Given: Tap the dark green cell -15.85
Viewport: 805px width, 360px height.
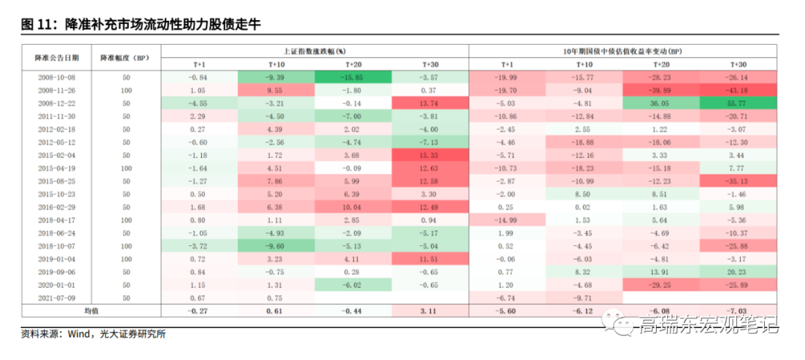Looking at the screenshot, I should [x=353, y=77].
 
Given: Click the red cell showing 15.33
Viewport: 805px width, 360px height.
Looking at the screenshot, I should [x=430, y=155].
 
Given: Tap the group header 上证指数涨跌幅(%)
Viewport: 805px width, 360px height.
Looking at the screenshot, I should [x=315, y=51].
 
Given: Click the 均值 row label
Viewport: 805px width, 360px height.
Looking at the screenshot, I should [x=91, y=311].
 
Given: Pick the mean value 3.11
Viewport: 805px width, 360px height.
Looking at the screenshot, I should [x=430, y=311].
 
